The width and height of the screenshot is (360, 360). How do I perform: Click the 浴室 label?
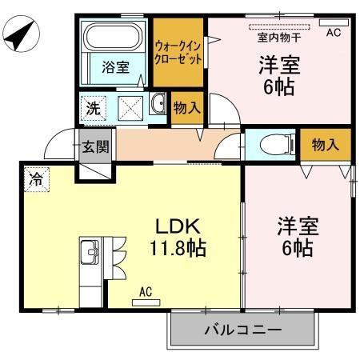point(115,68)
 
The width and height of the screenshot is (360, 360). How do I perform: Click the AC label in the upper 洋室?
point(334,31)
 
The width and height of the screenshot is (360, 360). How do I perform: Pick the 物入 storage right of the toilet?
point(325,145)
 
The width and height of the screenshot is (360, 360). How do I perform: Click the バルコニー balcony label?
point(242,330)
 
